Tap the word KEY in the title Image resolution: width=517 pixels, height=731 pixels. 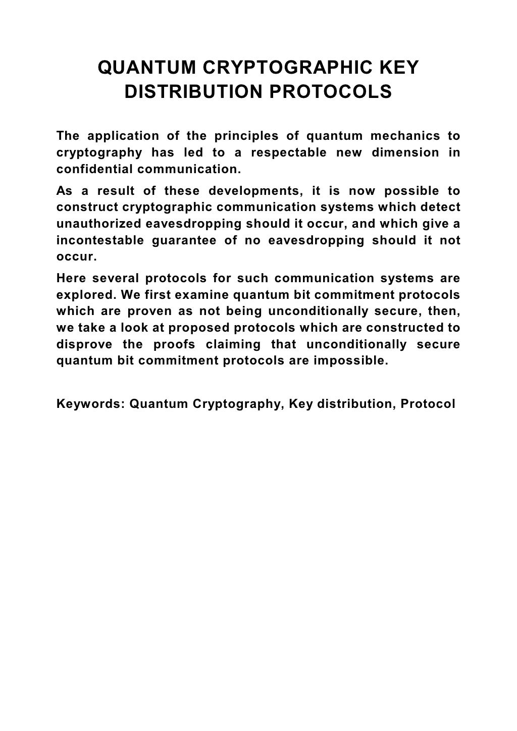pyautogui.click(x=400, y=68)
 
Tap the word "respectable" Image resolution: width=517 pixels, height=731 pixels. pyautogui.click(x=288, y=152)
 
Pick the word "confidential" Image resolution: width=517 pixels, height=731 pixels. pyautogui.click(x=94, y=169)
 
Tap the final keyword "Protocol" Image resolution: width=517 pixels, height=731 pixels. pyautogui.click(x=428, y=404)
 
